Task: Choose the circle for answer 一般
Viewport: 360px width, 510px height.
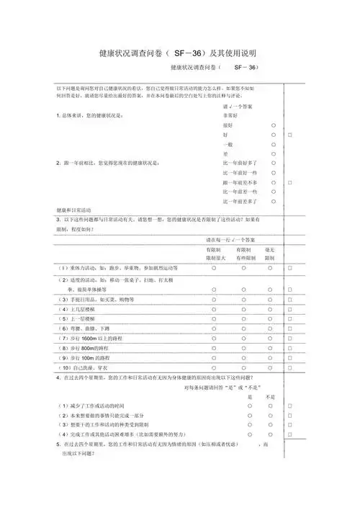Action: click(274, 144)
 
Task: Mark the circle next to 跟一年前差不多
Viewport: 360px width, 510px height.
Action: click(274, 183)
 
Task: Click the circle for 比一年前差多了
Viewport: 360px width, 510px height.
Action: click(274, 202)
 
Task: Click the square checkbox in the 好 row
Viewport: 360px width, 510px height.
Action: click(289, 135)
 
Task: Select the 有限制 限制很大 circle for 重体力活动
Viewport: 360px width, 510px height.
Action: click(215, 268)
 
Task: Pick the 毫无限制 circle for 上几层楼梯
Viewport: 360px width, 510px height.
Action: click(269, 308)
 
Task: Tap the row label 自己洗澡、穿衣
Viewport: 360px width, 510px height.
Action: click(93, 368)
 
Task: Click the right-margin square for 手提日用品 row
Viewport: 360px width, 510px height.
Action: click(289, 298)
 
